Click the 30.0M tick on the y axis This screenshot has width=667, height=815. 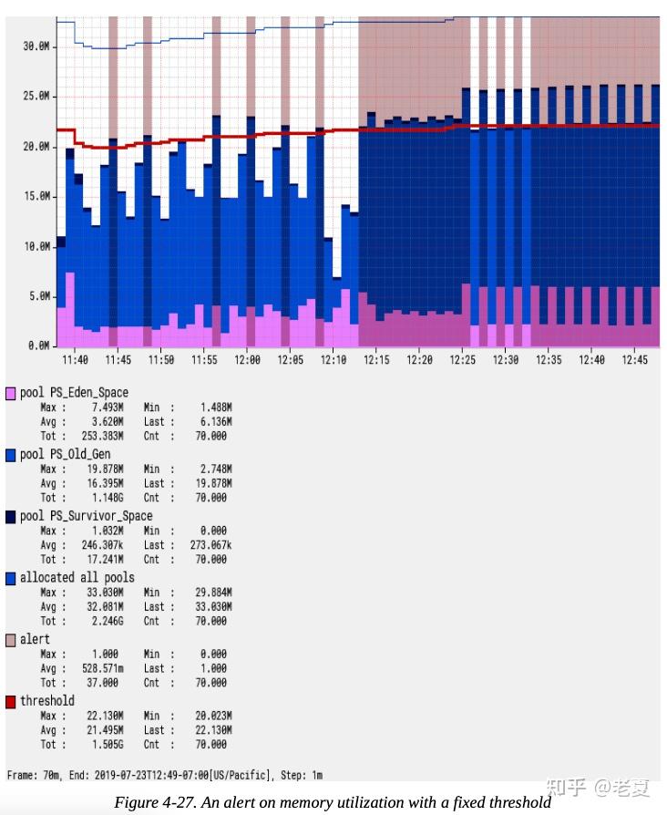(36, 46)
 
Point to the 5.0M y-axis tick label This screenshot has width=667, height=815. (38, 296)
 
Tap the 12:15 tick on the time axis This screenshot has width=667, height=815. (376, 361)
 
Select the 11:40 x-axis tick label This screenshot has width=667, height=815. (74, 361)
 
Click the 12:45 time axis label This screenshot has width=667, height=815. (635, 361)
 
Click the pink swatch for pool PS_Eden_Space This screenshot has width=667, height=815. (11, 393)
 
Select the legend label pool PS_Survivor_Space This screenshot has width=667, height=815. (87, 516)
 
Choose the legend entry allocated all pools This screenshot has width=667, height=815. (77, 577)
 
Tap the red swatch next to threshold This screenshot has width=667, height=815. (11, 701)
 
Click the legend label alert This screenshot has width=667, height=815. (36, 639)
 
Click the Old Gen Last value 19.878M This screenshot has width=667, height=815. (211, 483)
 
